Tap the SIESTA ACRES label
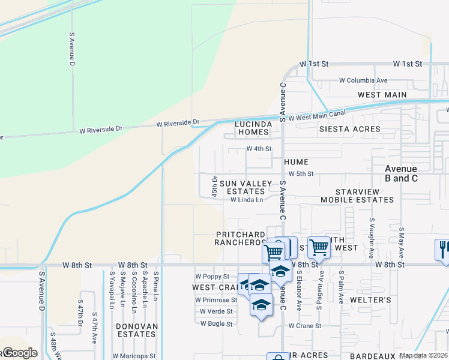click(x=350, y=129)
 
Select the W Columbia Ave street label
click(x=363, y=80)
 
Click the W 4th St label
click(x=259, y=149)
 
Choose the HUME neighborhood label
click(x=296, y=162)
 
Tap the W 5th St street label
click(x=301, y=173)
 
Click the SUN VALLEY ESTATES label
click(x=246, y=187)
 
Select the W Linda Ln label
click(x=247, y=200)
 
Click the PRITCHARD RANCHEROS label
click(x=241, y=238)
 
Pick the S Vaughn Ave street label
click(x=372, y=235)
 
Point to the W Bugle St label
click(x=215, y=323)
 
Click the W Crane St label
click(x=305, y=326)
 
